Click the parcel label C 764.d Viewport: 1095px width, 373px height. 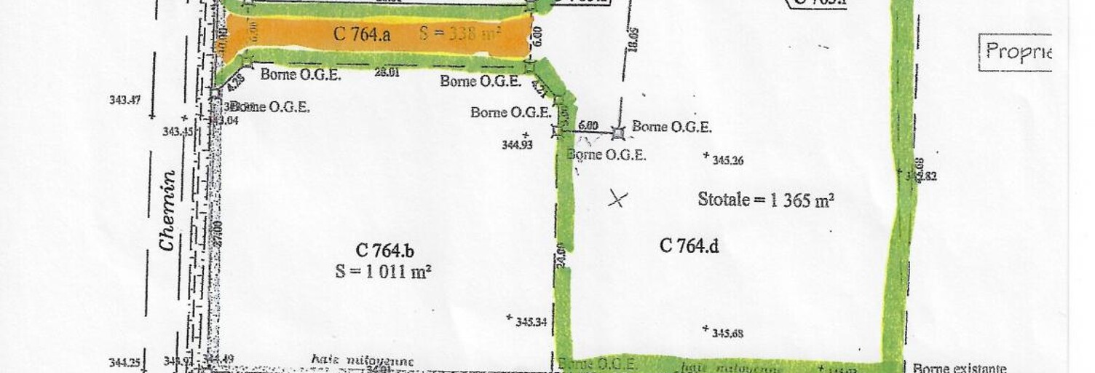tap(689, 246)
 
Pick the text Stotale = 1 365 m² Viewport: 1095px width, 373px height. tap(765, 200)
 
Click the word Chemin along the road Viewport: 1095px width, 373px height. tap(168, 211)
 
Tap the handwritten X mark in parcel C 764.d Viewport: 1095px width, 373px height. tap(617, 197)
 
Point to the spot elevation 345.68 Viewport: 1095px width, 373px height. tap(727, 334)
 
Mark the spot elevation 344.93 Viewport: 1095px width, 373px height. tap(518, 144)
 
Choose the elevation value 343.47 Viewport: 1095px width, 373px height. tap(124, 100)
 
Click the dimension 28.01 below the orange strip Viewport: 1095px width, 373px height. tap(385, 72)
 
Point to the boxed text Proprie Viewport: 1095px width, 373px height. tap(1018, 52)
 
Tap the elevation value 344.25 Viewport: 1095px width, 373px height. tap(124, 362)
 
